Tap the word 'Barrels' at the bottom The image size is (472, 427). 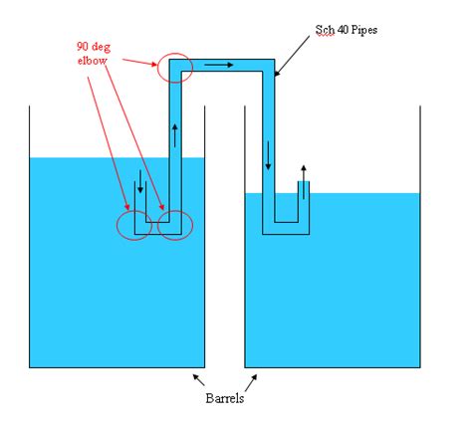point(224,398)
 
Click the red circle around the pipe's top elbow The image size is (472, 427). point(171,68)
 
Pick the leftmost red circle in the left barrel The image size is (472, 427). point(133,224)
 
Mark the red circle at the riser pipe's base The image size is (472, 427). point(174,225)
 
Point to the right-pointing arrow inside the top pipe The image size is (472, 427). point(221,66)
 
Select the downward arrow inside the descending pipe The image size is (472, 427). point(268,155)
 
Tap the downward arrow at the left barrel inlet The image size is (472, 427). point(141,184)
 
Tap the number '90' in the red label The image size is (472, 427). point(84,46)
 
